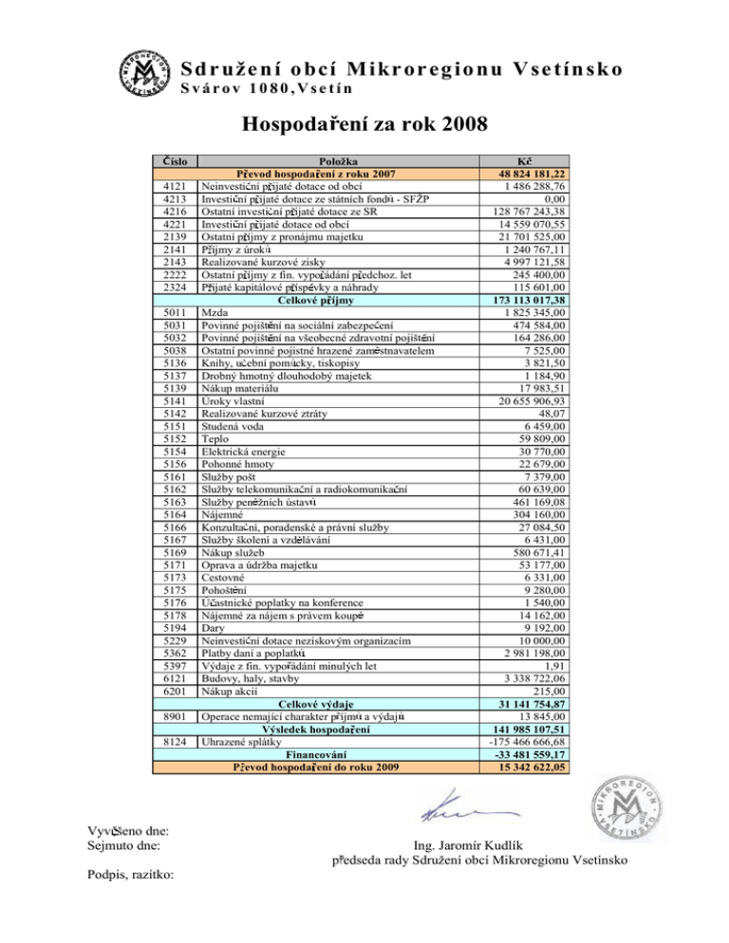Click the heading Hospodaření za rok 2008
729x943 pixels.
click(364, 123)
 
